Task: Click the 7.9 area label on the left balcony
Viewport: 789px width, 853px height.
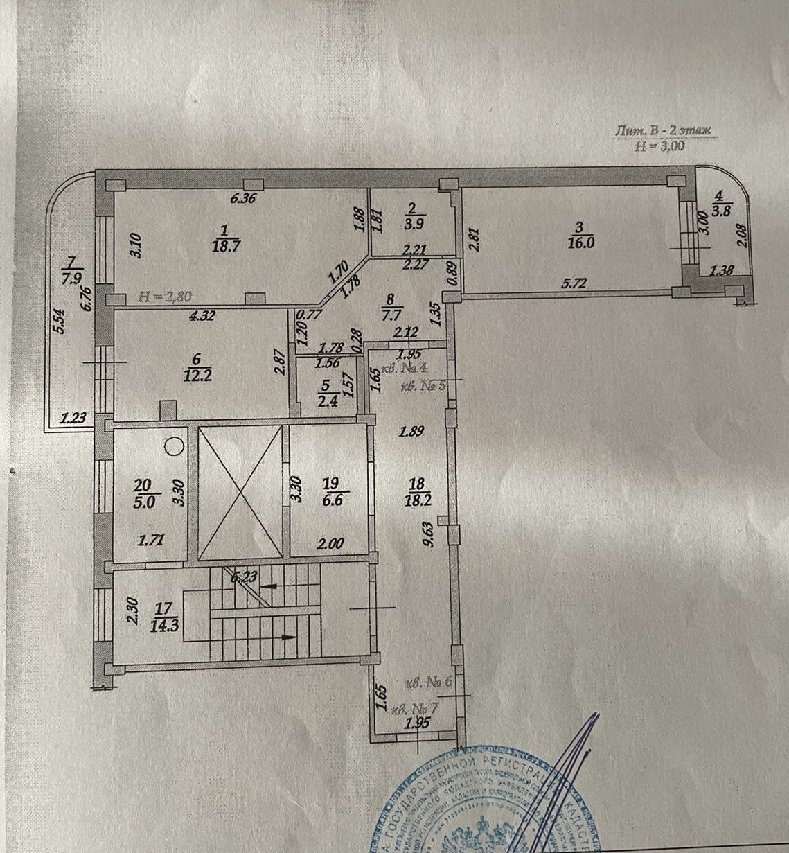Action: [x=72, y=279]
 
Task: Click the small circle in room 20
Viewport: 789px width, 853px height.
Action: [x=174, y=446]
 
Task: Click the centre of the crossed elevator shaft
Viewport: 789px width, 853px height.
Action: [x=240, y=493]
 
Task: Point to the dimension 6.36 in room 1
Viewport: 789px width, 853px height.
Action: [x=242, y=198]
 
